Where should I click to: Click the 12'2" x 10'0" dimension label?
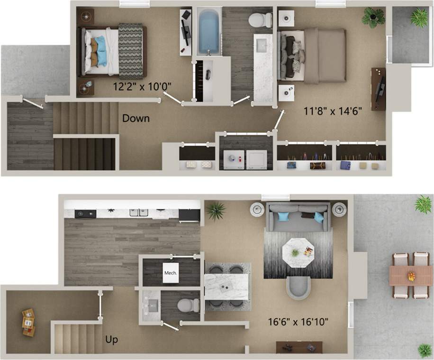(x=142, y=86)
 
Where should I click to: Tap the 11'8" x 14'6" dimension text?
(x=333, y=111)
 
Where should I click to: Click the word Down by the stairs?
(x=136, y=118)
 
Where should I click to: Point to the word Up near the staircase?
(x=112, y=340)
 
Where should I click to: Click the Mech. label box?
(x=171, y=273)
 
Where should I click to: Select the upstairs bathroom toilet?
(x=259, y=20)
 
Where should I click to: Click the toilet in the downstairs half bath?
(x=188, y=305)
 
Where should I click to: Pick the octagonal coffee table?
(x=298, y=252)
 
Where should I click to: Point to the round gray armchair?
(x=298, y=287)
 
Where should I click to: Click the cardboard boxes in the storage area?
(x=28, y=322)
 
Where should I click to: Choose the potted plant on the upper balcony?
(x=419, y=18)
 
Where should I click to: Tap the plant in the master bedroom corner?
(x=373, y=18)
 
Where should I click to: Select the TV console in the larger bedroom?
(x=378, y=89)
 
